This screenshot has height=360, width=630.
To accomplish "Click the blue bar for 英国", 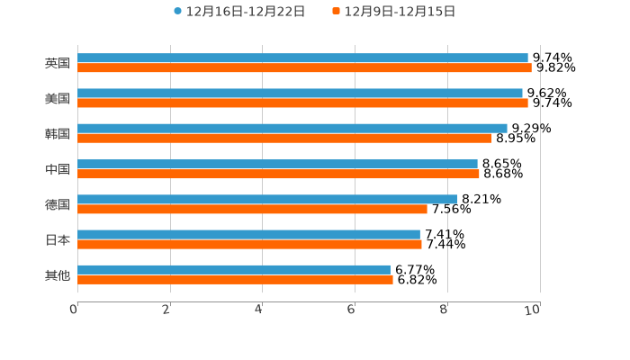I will [x=302, y=58].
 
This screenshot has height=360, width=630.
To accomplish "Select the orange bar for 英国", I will [x=304, y=67].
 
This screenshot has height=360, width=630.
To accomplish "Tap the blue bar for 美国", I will [x=300, y=93].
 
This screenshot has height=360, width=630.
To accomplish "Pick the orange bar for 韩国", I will [x=284, y=138].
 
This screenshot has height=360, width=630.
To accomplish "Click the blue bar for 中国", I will [x=277, y=164].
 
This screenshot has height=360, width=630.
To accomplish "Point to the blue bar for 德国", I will [x=267, y=199].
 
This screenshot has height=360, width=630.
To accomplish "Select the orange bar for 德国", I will [x=252, y=209].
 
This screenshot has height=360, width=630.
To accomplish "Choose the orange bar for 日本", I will [x=249, y=244].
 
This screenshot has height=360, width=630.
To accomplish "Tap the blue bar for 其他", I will [x=234, y=269].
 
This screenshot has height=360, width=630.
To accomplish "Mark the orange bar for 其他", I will [x=235, y=279].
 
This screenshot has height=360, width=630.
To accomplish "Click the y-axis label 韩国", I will [x=58, y=133].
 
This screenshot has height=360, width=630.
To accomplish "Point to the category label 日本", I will [x=58, y=239].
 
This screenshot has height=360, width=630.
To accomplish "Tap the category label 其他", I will [x=58, y=274].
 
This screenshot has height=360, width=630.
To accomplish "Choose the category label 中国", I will [x=58, y=169].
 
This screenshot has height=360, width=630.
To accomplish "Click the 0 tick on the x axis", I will [x=74, y=310].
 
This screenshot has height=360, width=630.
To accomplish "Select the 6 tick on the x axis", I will [x=352, y=310].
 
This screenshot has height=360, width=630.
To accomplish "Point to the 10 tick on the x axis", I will [x=533, y=310].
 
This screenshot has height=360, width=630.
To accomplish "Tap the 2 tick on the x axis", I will [x=166, y=310].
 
